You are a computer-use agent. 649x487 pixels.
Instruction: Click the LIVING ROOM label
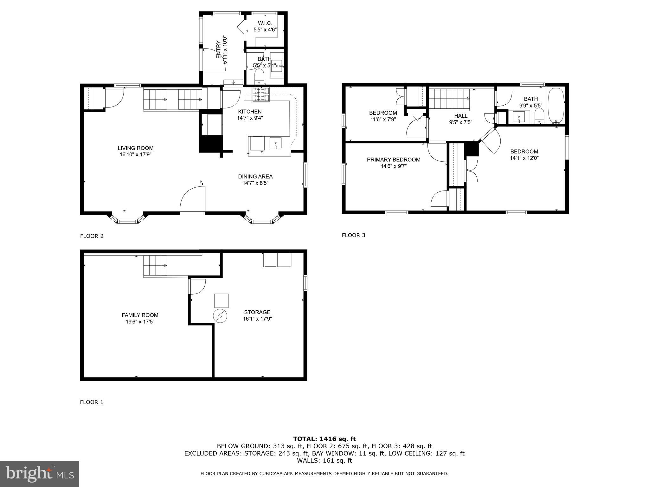click(135, 148)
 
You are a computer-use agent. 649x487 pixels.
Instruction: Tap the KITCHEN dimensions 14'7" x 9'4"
click(250, 118)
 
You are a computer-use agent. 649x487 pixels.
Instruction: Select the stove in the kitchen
click(261, 94)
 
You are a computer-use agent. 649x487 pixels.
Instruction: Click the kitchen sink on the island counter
click(275, 143)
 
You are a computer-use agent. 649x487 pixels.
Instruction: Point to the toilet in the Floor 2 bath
click(259, 76)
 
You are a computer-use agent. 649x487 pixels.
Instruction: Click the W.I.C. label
click(265, 23)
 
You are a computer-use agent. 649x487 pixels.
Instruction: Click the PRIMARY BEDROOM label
click(394, 159)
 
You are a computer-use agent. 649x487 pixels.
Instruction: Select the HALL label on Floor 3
click(460, 116)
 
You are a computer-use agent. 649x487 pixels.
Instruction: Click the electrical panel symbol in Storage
click(220, 316)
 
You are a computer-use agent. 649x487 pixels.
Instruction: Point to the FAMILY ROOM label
click(140, 315)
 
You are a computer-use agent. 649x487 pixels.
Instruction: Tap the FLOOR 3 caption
click(353, 235)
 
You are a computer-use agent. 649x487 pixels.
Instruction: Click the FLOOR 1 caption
click(92, 402)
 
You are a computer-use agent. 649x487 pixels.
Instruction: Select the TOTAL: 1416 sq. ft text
click(324, 439)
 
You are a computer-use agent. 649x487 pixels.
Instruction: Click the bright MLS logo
click(40, 474)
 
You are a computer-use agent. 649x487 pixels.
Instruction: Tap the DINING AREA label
click(255, 177)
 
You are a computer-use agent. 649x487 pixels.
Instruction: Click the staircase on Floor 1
click(155, 266)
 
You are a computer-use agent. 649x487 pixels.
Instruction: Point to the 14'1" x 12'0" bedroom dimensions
click(524, 158)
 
